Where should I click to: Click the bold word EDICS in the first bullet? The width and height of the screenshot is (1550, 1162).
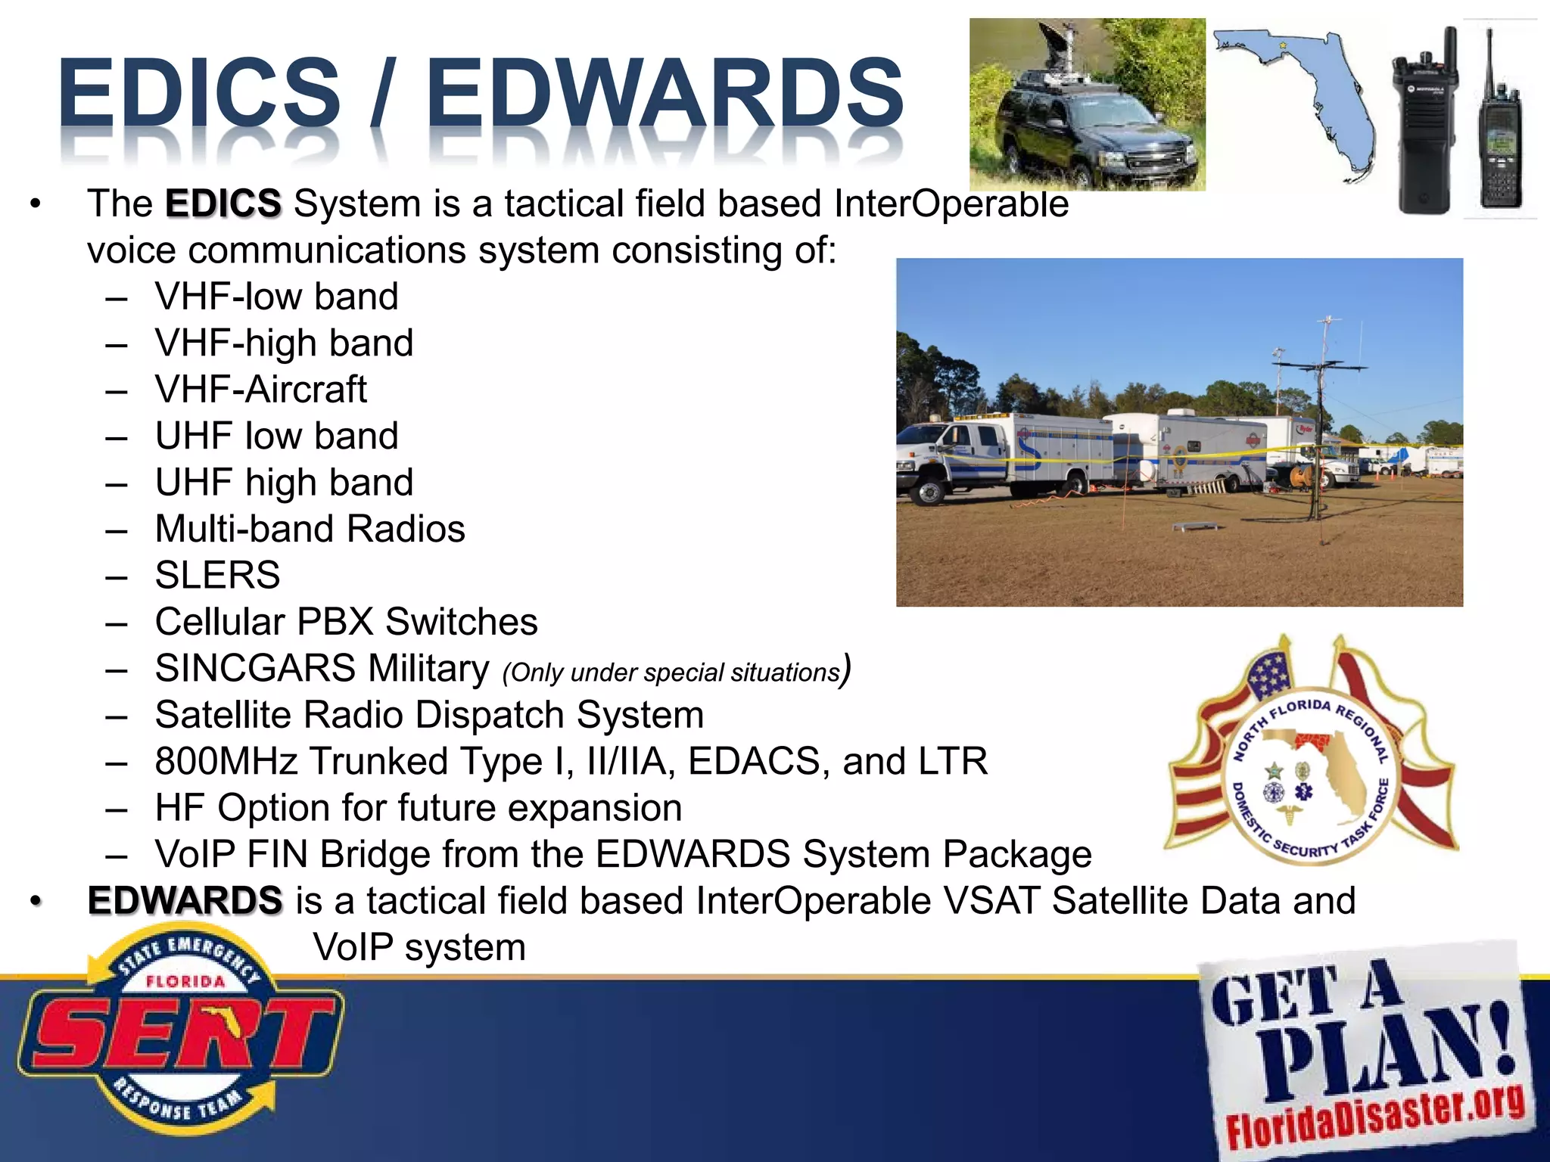223,204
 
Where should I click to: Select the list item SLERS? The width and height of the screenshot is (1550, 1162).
217,575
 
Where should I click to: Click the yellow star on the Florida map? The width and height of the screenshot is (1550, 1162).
1282,46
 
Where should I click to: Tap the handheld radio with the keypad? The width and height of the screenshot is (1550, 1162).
1502,144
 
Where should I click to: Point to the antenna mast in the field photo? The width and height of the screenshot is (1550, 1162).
1321,424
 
